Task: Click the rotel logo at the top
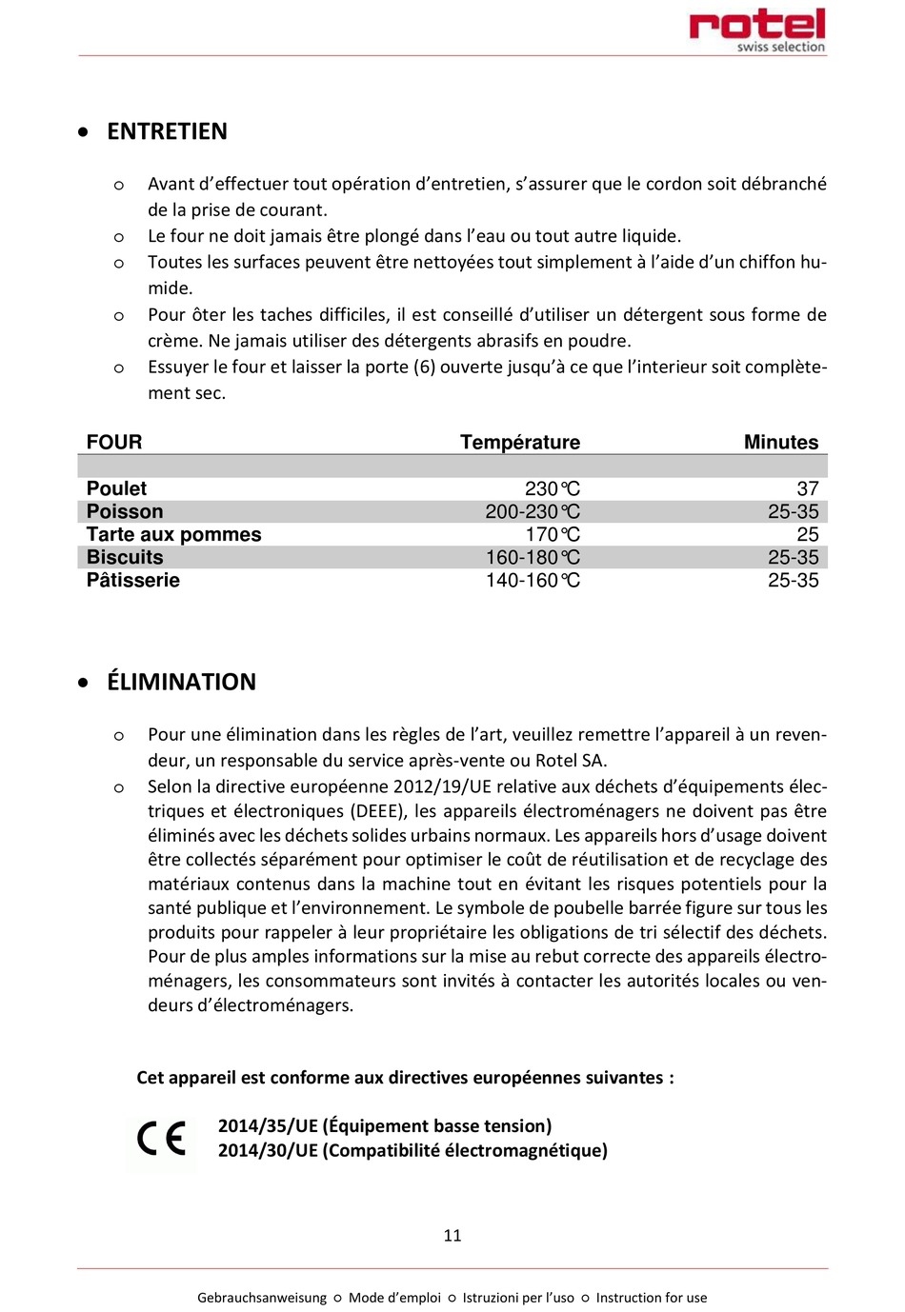[757, 30]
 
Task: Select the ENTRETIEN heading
[167, 131]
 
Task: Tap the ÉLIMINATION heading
[181, 682]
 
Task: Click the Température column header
[519, 442]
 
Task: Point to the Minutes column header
[780, 442]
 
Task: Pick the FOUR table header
[114, 442]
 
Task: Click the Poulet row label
[116, 488]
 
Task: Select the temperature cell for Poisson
[532, 511]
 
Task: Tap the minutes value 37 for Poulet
[807, 488]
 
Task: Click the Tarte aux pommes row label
[173, 534]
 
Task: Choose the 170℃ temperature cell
[552, 534]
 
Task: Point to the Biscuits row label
[125, 557]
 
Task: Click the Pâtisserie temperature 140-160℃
[532, 580]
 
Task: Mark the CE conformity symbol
[161, 1139]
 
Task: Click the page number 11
[452, 1235]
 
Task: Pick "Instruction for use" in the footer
[652, 1297]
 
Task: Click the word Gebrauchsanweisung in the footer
[262, 1297]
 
